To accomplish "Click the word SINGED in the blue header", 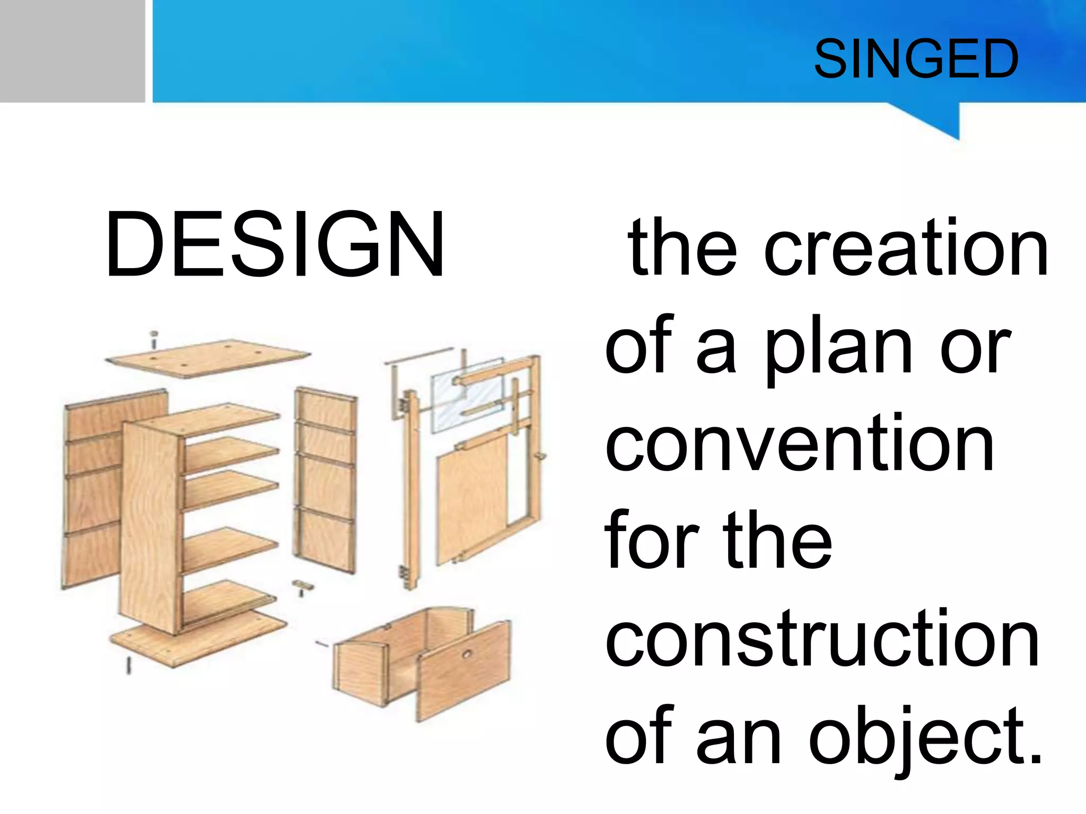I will tap(916, 59).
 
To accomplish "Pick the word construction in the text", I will tap(822, 639).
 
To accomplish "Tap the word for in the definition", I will tap(650, 541).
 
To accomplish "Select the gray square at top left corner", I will tap(72, 51).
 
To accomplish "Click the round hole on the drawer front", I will tap(467, 655).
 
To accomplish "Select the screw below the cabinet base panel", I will tap(128, 665).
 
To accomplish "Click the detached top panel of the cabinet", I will tap(208, 358).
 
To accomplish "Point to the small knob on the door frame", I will tap(541, 456).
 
